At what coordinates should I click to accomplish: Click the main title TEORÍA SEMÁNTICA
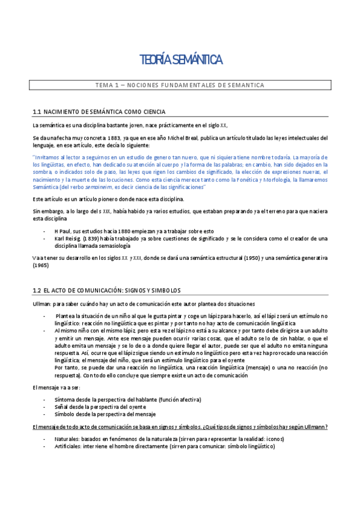[x=181, y=60]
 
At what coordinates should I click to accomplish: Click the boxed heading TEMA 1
[x=180, y=85]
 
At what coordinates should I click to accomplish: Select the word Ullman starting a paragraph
[x=43, y=304]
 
